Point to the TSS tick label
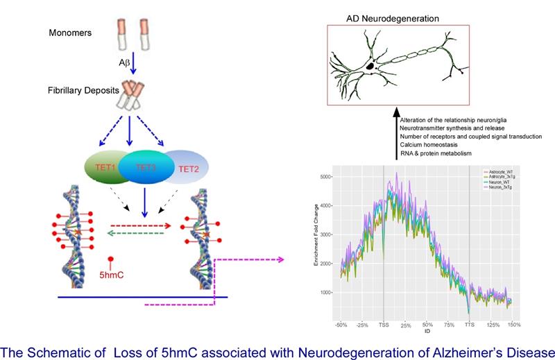pyautogui.click(x=384, y=325)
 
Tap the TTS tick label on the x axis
pyautogui.click(x=470, y=325)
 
